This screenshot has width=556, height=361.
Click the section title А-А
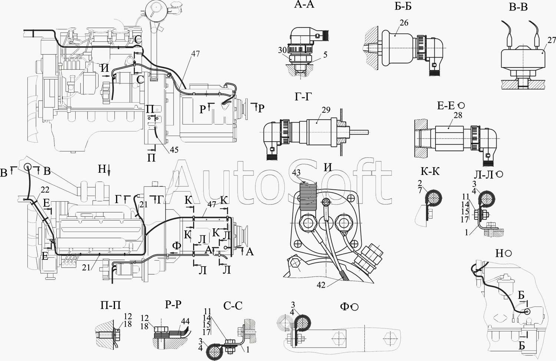pos(304,4)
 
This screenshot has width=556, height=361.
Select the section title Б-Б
pos(403,7)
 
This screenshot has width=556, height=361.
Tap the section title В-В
pos(518,7)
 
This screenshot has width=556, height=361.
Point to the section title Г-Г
pos(303,97)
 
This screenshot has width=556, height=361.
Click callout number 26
pos(404,23)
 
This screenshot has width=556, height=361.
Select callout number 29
pos(326,110)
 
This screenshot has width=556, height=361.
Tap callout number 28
pos(458,115)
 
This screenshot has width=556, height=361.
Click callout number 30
pos(282,50)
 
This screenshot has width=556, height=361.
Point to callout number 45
pos(174,150)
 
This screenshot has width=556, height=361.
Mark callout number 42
pos(321,285)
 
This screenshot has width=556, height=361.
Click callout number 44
pos(185,321)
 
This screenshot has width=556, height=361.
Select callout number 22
pos(45,190)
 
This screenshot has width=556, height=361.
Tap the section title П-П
pos(110,305)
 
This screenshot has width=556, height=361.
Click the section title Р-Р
pos(173,304)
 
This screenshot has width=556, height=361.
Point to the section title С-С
pos(233,306)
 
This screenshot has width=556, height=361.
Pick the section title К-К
pos(430,171)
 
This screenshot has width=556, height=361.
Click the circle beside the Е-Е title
pos(461,106)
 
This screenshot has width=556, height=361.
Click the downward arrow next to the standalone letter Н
pos(109,170)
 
